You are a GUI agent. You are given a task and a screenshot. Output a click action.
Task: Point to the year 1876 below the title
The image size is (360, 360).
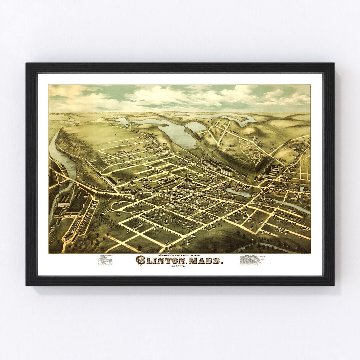point(179,267)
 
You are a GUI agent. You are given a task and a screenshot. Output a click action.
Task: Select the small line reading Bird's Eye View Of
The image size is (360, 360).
point(179,254)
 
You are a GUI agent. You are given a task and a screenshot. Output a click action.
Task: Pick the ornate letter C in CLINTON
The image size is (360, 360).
point(140,260)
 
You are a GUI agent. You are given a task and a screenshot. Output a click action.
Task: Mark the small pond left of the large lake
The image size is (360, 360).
point(123,122)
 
